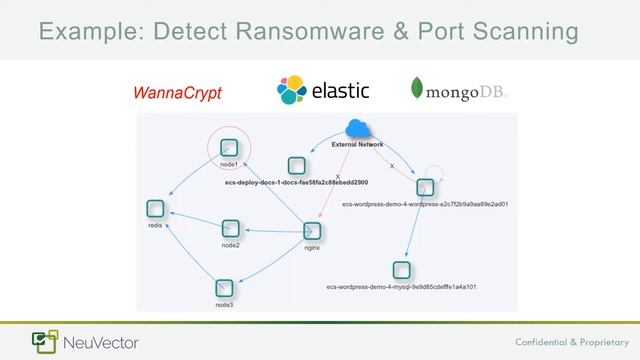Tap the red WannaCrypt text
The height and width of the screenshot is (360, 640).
click(x=177, y=93)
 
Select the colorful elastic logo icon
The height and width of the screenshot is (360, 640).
click(x=293, y=91)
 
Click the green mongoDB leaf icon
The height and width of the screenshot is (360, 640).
click(x=417, y=91)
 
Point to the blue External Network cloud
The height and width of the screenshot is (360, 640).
click(x=356, y=128)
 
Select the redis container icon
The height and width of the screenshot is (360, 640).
click(x=155, y=209)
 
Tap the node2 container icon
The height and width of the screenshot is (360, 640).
click(x=230, y=228)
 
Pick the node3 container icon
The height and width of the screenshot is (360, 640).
click(x=224, y=287)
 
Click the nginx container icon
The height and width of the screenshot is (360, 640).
click(x=311, y=231)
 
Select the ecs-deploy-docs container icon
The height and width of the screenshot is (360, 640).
click(x=295, y=166)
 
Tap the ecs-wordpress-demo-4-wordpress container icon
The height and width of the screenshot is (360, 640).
click(x=425, y=187)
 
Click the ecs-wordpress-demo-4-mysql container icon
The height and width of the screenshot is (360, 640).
click(x=401, y=269)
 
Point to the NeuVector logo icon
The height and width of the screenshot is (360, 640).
click(x=44, y=341)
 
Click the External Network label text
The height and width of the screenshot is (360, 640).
click(x=357, y=145)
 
